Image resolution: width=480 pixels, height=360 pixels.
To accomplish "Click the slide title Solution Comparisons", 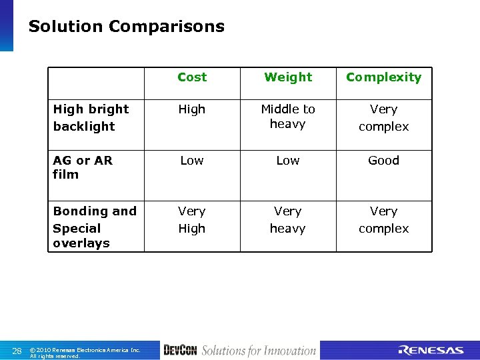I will pos(126,27).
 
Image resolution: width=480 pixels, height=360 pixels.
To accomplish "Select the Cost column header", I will pos(192,77).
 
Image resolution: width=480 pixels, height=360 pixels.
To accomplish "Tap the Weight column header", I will pos(288,77).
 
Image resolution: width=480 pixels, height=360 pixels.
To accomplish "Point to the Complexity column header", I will pos(383,77).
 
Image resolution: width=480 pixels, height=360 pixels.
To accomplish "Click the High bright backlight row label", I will pos(91,117).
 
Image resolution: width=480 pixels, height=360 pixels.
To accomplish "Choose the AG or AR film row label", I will pos(83,167).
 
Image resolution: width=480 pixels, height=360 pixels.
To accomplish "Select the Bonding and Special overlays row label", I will pos(95,227).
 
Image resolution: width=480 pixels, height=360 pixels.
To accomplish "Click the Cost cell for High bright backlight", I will pos(192,109).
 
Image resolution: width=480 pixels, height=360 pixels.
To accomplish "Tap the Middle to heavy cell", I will pos(288,117).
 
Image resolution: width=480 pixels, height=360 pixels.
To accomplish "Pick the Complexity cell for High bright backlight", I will pos(383,117).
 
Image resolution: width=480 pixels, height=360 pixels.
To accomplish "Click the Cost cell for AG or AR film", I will pos(192,161).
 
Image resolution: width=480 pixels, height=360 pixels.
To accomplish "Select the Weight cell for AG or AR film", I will pos(288,161).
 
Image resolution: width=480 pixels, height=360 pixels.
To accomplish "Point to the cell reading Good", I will pos(383,161).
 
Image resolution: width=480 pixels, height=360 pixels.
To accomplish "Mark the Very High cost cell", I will pos(192,220).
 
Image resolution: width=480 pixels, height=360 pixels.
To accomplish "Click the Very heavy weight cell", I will pos(288,220).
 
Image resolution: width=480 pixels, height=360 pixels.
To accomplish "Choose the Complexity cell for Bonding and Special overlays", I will pos(383,220).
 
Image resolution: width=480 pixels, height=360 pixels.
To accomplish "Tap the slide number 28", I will pos(17,351).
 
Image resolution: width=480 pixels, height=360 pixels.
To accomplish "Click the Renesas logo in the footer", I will pos(431,351).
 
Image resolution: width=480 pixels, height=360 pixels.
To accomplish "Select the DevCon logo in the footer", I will pos(180,351).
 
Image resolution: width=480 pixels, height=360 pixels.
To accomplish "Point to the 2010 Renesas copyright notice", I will pos(85,353).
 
